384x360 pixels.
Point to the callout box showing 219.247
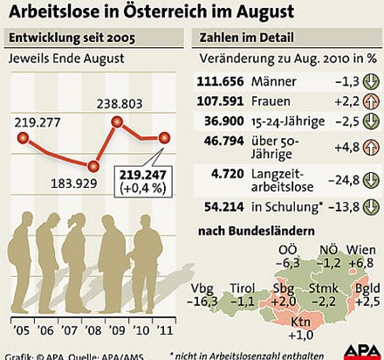coord(145,181)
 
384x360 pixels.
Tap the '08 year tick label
coord(93,332)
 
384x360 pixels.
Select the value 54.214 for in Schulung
coord(222,207)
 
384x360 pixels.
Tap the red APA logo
coord(359,350)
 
